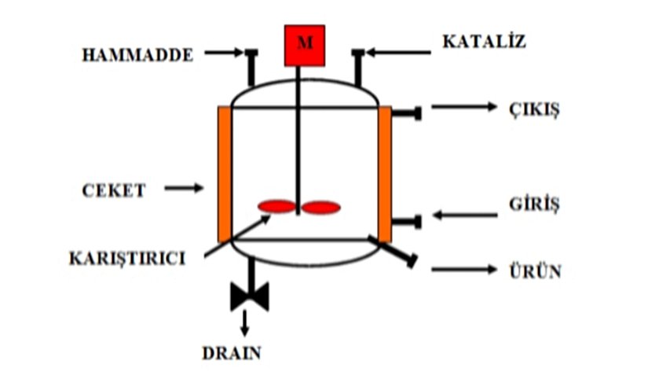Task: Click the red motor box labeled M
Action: [x=304, y=45]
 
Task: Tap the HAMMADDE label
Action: [x=137, y=56]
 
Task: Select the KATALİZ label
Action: [x=482, y=42]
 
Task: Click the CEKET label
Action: [x=114, y=190]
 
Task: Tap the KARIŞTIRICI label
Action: [x=127, y=257]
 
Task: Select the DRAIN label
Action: [x=231, y=352]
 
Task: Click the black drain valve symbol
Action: [x=250, y=296]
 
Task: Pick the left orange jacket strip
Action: [x=225, y=174]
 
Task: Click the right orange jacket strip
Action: [x=385, y=174]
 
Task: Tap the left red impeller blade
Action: [x=277, y=207]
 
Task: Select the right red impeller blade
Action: [x=322, y=208]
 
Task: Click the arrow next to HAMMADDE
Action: [x=224, y=53]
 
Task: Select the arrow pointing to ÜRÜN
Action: [x=464, y=270]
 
